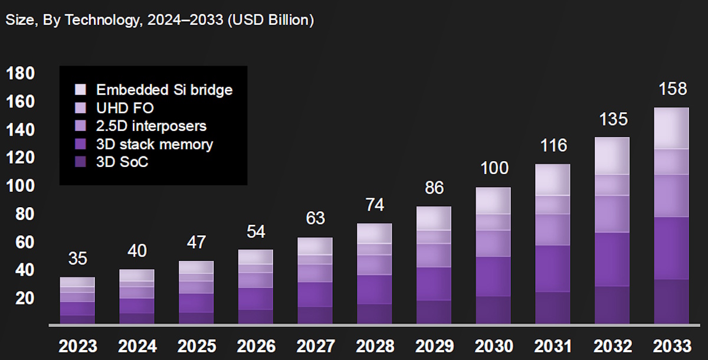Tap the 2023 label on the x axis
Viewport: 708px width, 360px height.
click(77, 346)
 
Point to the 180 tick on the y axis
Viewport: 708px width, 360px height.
click(21, 74)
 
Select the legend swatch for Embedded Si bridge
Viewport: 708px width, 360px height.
click(81, 90)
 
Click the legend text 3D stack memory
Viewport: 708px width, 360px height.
click(155, 144)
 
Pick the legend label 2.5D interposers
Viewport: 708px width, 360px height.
click(151, 126)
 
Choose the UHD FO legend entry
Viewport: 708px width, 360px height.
click(125, 108)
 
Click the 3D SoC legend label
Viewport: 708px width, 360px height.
click(122, 162)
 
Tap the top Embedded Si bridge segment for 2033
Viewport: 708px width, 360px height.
click(671, 128)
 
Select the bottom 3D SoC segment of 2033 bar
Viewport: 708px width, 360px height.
click(671, 301)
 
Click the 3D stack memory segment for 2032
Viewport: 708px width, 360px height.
click(612, 259)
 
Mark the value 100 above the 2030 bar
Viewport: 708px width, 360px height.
click(494, 168)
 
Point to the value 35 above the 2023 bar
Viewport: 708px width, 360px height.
click(77, 259)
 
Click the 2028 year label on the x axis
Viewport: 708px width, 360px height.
click(375, 346)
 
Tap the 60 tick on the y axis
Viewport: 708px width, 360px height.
click(21, 243)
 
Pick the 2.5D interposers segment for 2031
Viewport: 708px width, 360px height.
click(553, 230)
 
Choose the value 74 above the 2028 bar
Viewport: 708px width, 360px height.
click(375, 205)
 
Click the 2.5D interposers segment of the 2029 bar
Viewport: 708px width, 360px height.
click(434, 256)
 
